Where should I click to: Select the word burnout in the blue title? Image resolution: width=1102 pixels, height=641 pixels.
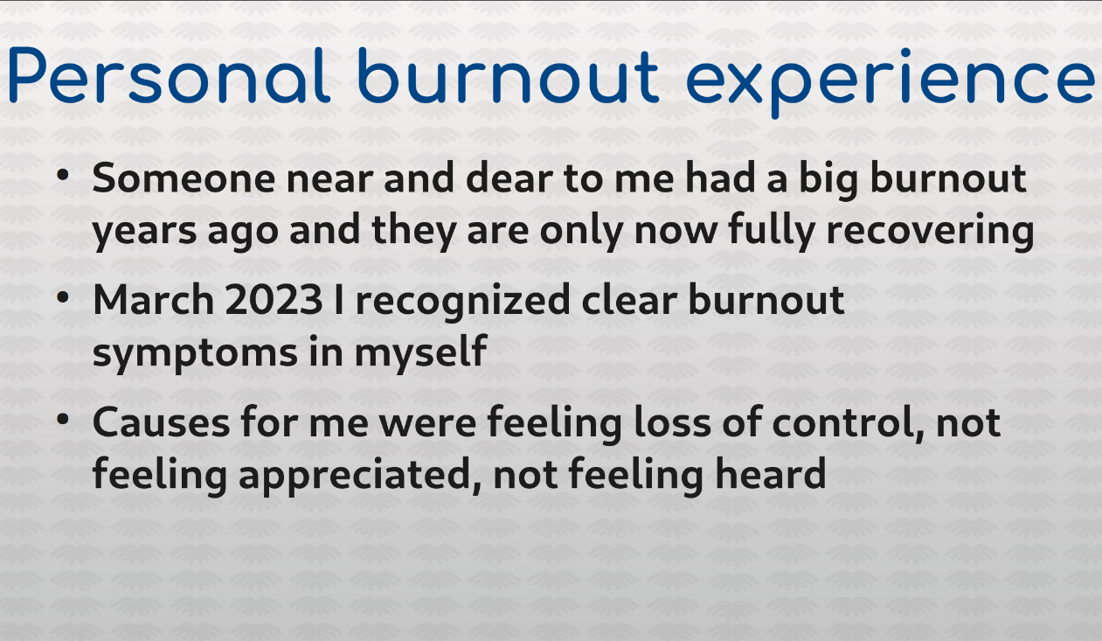[509, 76]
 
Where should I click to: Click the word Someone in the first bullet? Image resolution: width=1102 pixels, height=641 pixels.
[184, 178]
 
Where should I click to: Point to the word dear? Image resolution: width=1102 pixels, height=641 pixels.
[509, 178]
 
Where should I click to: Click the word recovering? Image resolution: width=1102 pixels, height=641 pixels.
[931, 233]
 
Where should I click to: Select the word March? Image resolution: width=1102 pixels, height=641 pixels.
[153, 299]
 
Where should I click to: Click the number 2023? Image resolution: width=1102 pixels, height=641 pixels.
[274, 300]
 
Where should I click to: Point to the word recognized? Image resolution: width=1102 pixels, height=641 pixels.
[463, 303]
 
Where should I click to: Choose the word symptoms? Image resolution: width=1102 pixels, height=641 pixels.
[195, 354]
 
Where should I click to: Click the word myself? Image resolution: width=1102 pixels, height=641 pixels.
[420, 353]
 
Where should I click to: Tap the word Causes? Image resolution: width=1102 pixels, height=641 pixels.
[161, 423]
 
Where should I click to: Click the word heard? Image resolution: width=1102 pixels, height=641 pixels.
[771, 473]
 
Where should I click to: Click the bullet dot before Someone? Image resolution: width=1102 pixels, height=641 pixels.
[62, 174]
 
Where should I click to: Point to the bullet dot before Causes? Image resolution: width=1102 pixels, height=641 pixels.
[62, 420]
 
